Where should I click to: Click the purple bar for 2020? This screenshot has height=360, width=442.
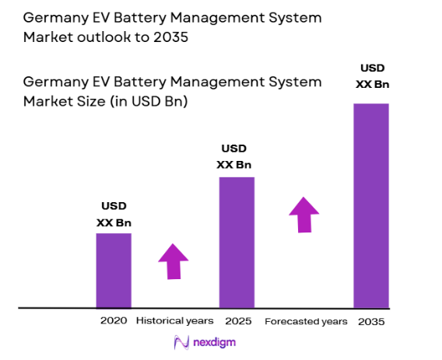[114, 270]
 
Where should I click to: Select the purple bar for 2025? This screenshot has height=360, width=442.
[237, 242]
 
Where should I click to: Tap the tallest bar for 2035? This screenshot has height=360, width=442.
[371, 205]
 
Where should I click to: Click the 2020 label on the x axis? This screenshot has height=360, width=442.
[114, 320]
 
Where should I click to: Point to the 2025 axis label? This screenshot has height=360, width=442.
[237, 320]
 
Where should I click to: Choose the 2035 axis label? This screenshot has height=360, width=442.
[371, 321]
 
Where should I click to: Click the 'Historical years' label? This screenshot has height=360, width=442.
[175, 320]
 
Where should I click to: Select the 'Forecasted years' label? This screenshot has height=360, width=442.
[306, 321]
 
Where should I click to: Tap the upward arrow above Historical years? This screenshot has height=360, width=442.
[173, 260]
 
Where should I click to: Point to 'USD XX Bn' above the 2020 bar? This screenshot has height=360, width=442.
[114, 214]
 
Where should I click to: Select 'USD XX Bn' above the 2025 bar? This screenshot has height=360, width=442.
[237, 156]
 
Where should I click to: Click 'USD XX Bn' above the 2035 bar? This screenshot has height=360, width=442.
[372, 76]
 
